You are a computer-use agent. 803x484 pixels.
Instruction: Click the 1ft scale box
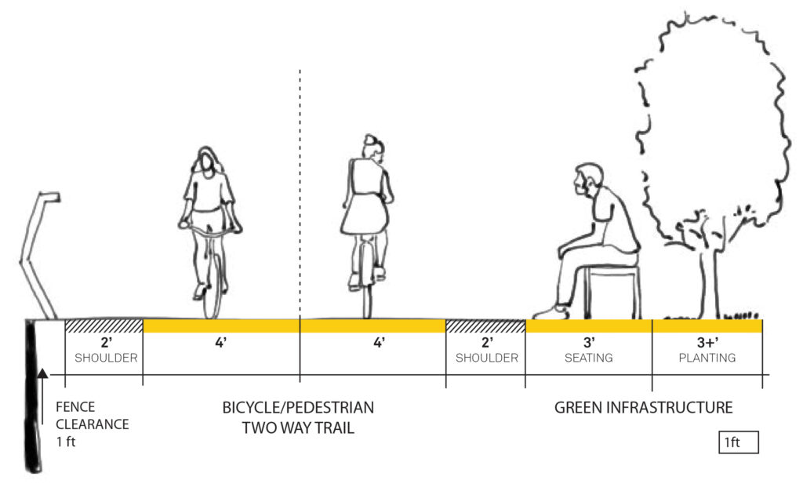click(738, 442)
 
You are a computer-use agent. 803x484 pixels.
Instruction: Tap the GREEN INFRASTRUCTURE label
click(643, 408)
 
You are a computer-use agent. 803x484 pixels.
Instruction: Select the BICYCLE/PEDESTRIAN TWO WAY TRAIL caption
click(297, 417)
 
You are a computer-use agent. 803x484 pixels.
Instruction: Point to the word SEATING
click(588, 358)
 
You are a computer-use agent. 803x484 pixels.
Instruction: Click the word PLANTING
click(707, 358)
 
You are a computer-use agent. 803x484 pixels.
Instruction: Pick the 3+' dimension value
click(707, 343)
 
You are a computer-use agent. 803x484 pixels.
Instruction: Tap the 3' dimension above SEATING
click(588, 343)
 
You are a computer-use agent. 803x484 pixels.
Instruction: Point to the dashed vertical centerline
click(300, 196)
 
